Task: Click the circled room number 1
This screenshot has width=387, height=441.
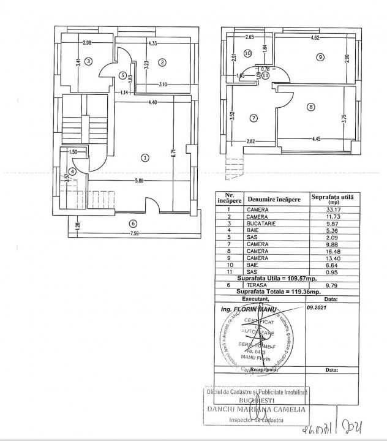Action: click(145, 157)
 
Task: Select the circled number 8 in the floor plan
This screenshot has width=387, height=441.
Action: click(311, 107)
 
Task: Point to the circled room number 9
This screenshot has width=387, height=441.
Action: click(320, 57)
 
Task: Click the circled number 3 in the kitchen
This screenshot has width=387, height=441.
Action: click(89, 61)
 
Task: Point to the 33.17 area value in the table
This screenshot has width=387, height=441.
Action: click(334, 209)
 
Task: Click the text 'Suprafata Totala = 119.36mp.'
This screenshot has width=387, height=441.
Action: click(275, 291)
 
